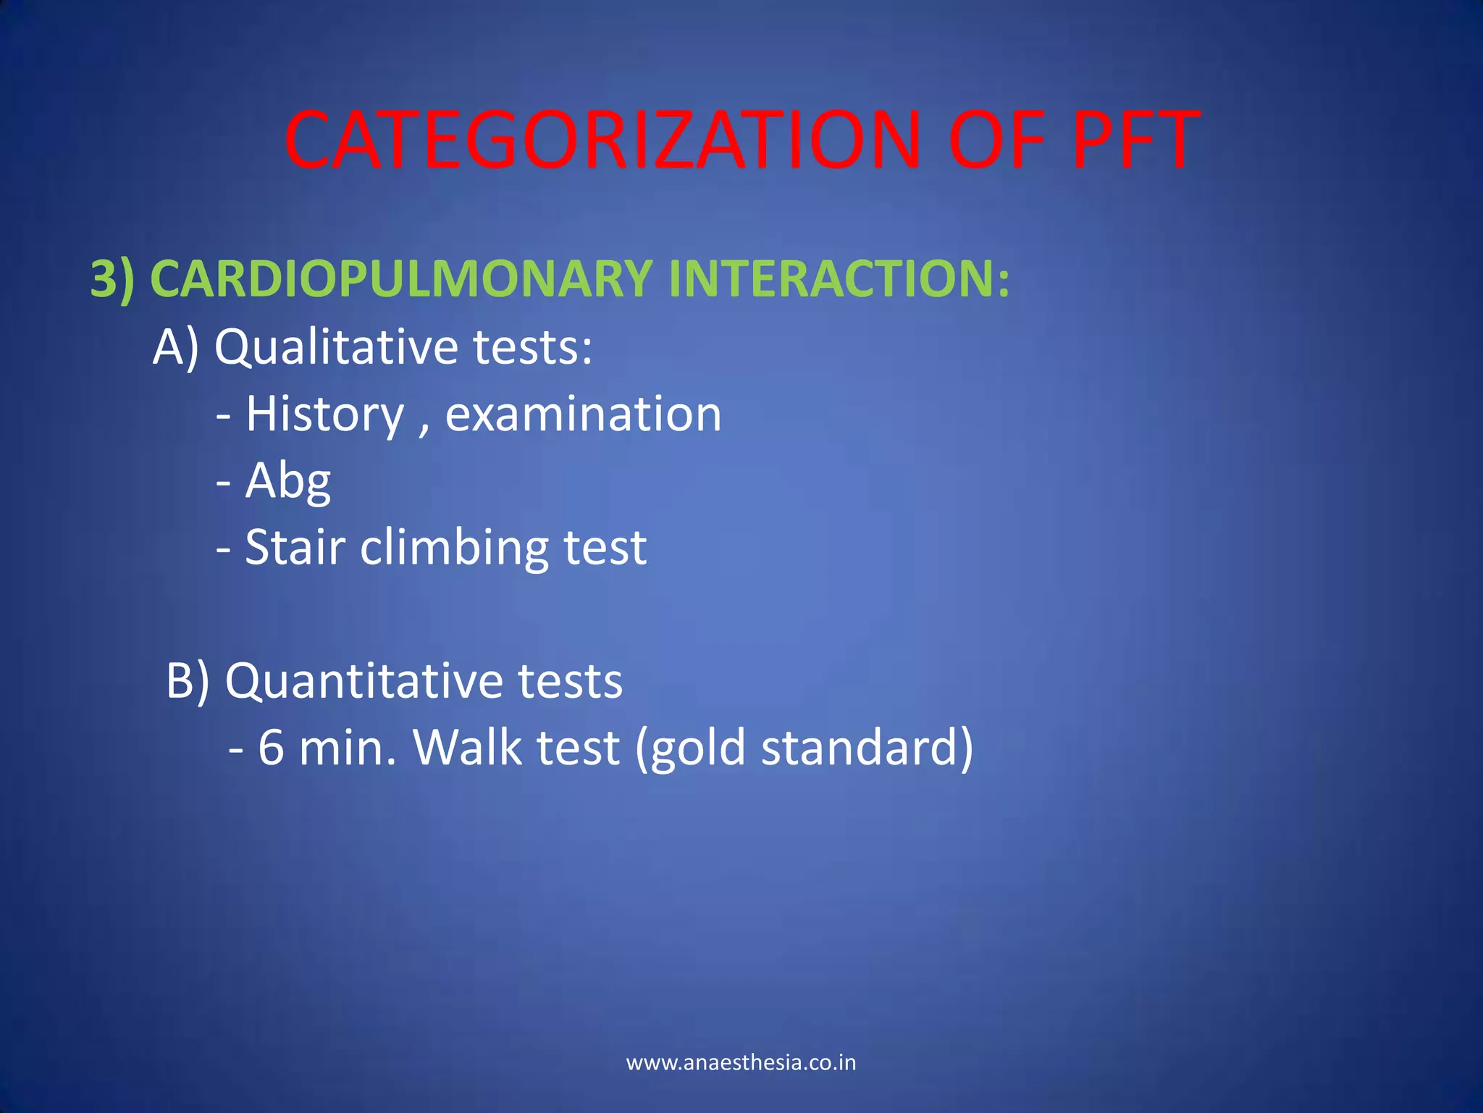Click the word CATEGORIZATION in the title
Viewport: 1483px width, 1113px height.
pos(601,140)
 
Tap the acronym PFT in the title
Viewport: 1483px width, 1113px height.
pos(1135,140)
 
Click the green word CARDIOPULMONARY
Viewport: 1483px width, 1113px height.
pos(402,279)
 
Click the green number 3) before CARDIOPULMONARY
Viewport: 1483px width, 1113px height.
pos(112,279)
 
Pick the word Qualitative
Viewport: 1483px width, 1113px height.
pos(336,346)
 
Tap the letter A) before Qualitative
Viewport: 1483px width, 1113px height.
pos(175,346)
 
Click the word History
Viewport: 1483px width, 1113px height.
pos(324,414)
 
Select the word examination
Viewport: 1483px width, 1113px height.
pos(583,414)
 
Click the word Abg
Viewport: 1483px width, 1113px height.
pos(287,481)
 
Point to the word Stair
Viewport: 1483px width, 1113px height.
pos(295,547)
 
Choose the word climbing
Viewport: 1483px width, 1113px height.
pos(454,549)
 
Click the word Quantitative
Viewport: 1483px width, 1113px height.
pos(362,681)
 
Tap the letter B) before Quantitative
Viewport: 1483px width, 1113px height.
pos(188,681)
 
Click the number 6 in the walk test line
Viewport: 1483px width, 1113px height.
pos(271,748)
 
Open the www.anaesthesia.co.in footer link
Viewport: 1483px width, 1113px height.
pos(741,1063)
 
